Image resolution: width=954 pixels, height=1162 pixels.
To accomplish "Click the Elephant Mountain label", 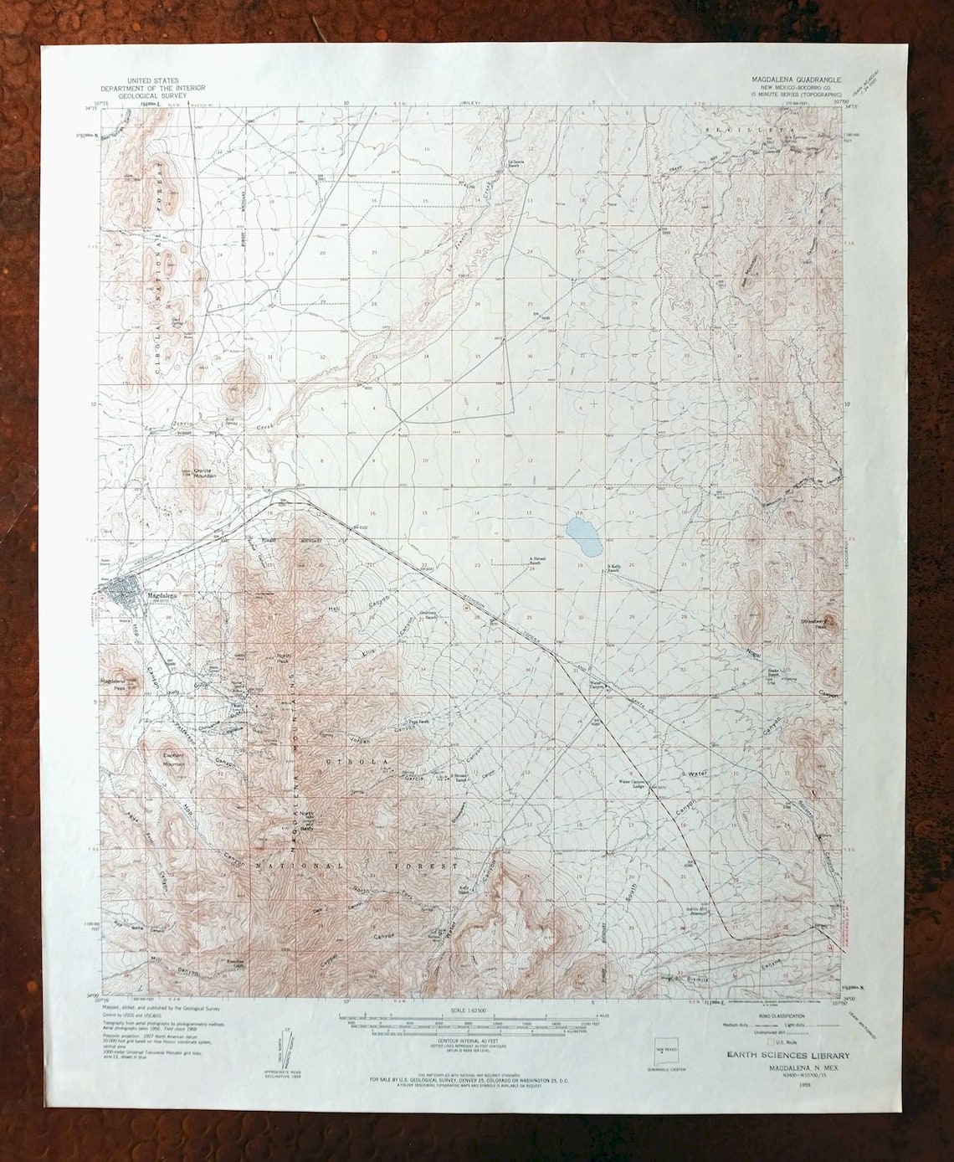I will click(x=174, y=758).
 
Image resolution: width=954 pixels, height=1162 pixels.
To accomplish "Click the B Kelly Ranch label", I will click(x=618, y=569).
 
